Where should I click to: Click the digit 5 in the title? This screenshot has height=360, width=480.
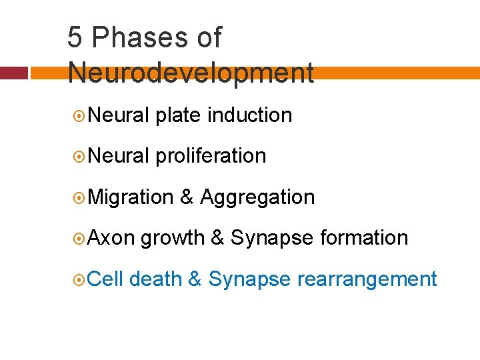coord(75,38)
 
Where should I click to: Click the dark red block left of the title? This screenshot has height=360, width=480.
coord(14,73)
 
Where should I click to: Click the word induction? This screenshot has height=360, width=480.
coord(250,115)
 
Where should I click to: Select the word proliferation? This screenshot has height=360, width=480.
coord(211,156)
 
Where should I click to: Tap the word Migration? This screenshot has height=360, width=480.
coord(131,197)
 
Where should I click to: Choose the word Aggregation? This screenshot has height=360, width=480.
coord(257,197)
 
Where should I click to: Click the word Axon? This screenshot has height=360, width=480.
coord(111,237)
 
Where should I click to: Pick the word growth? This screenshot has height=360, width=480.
coord(172,238)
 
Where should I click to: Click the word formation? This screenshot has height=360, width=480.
coord(364,237)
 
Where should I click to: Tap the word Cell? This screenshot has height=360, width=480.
coord(106,279)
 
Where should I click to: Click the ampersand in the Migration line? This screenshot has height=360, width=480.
coord(187,197)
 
